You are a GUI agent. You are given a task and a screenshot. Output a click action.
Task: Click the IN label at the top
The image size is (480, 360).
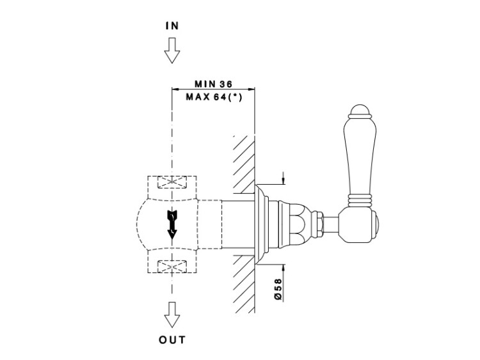click(x=172, y=26)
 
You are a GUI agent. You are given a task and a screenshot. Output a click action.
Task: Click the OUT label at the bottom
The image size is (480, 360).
click(x=172, y=340)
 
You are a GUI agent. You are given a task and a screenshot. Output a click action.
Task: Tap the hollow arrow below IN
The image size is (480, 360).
click(x=171, y=50)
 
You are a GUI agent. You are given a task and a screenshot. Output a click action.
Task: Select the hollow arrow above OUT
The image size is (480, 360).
click(x=171, y=314)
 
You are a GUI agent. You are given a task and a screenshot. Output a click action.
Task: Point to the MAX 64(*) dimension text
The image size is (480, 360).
click(x=212, y=97)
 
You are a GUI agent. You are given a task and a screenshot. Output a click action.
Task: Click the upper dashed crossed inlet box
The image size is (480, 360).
click(x=171, y=184)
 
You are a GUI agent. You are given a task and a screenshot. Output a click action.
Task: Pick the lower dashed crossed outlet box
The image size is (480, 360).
click(x=171, y=263)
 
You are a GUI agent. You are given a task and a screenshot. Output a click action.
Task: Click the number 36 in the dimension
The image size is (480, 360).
click(x=225, y=84)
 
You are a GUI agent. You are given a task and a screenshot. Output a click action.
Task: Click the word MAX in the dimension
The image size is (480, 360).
click(x=196, y=97)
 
